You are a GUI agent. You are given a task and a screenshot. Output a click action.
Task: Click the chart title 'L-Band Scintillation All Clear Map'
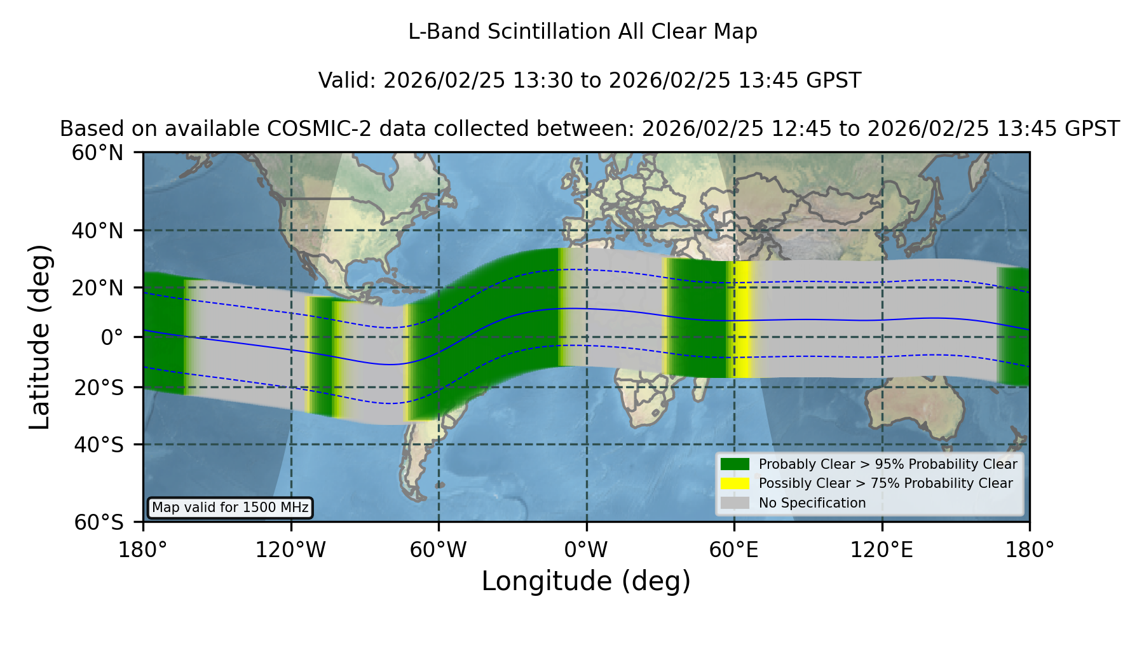pyautogui.click(x=583, y=32)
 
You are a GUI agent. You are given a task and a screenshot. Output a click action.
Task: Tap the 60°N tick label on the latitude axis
pyautogui.click(x=97, y=153)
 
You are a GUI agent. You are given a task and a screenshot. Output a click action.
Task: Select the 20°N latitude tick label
pyautogui.click(x=97, y=288)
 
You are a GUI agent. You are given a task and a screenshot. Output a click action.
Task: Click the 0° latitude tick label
pyautogui.click(x=112, y=337)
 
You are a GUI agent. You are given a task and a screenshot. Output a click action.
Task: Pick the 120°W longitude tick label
pyautogui.click(x=290, y=550)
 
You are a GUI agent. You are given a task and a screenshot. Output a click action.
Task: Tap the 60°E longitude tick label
pyautogui.click(x=734, y=550)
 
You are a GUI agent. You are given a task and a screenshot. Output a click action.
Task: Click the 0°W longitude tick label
pyautogui.click(x=586, y=550)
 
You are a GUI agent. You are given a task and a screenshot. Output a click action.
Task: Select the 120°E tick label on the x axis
pyautogui.click(x=882, y=550)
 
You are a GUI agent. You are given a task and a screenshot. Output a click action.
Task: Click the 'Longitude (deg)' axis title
pyautogui.click(x=586, y=581)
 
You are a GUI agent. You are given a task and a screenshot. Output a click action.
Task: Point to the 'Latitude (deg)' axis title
pyautogui.click(x=40, y=337)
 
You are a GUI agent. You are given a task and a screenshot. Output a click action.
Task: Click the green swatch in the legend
pyautogui.click(x=735, y=464)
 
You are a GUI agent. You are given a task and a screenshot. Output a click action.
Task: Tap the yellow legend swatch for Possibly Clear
pyautogui.click(x=735, y=483)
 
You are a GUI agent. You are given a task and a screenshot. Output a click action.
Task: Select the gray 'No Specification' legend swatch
pyautogui.click(x=735, y=503)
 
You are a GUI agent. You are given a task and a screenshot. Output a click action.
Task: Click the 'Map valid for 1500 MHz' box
pyautogui.click(x=230, y=508)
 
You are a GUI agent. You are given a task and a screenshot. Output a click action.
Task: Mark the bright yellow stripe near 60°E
pyautogui.click(x=742, y=320)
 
